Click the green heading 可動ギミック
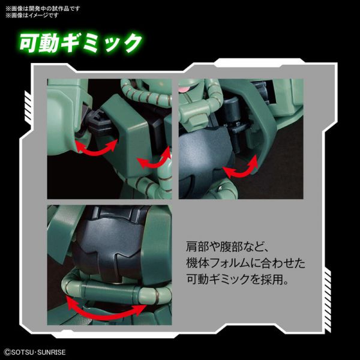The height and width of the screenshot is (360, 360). pos(81,43)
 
